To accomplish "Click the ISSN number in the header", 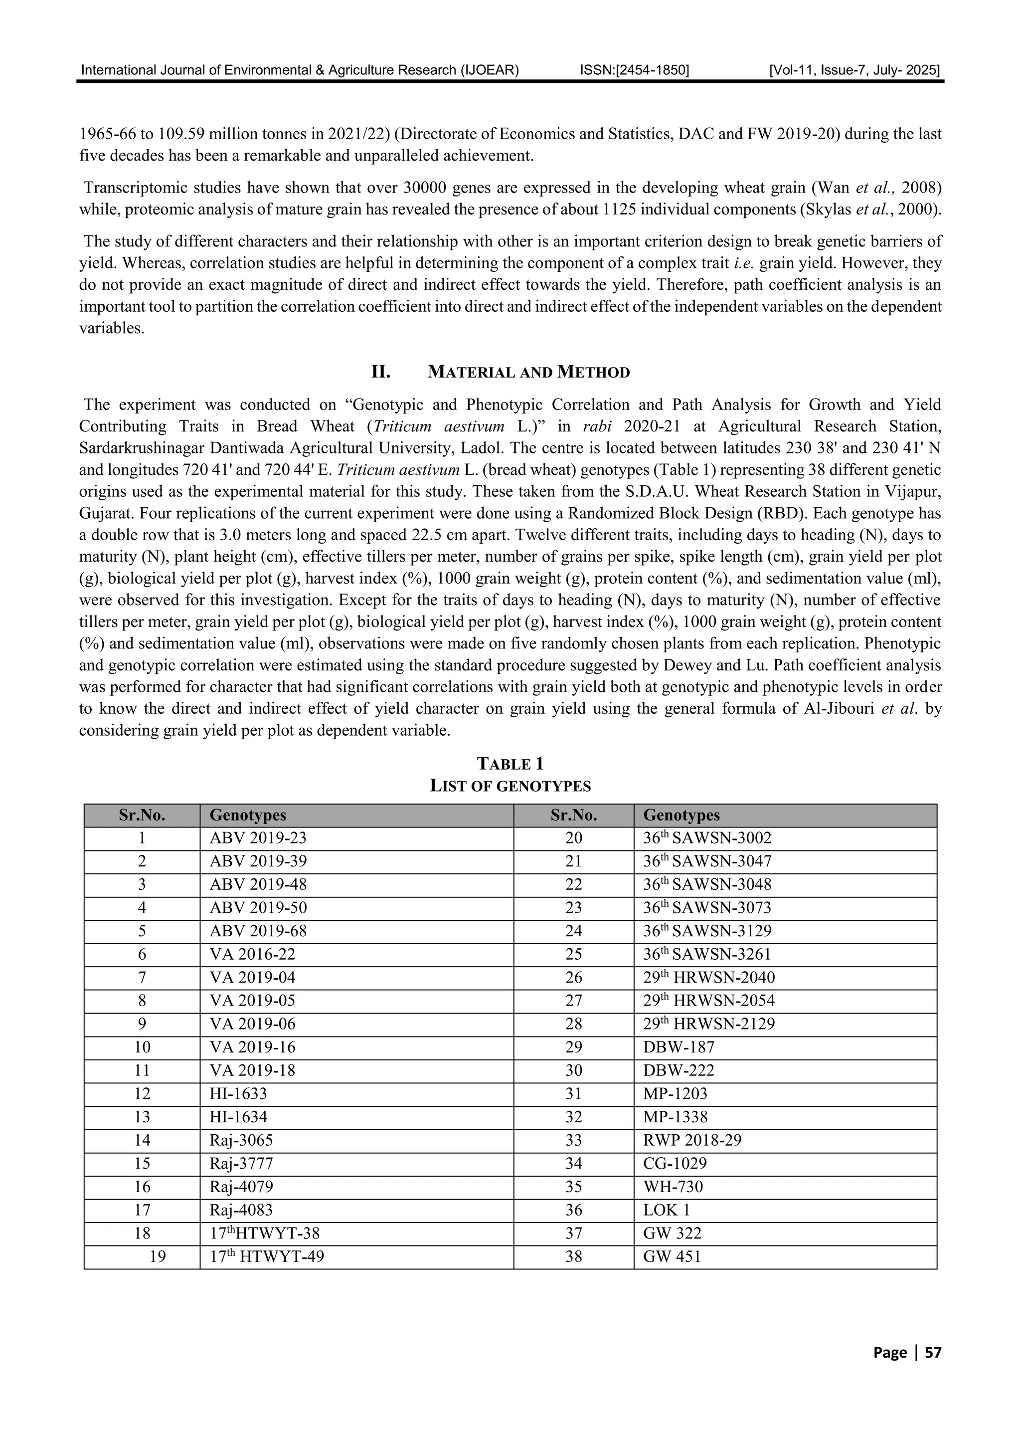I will pyautogui.click(x=634, y=70).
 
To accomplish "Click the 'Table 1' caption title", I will pyautogui.click(x=510, y=764).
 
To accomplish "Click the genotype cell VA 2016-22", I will pyautogui.click(x=252, y=954).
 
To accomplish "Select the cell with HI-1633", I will pyautogui.click(x=238, y=1094).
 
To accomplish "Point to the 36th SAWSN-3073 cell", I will pyautogui.click(x=706, y=907).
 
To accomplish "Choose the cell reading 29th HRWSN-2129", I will pyautogui.click(x=709, y=1024).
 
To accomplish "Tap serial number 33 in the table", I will pyautogui.click(x=573, y=1140).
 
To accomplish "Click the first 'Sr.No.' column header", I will pyautogui.click(x=142, y=815).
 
